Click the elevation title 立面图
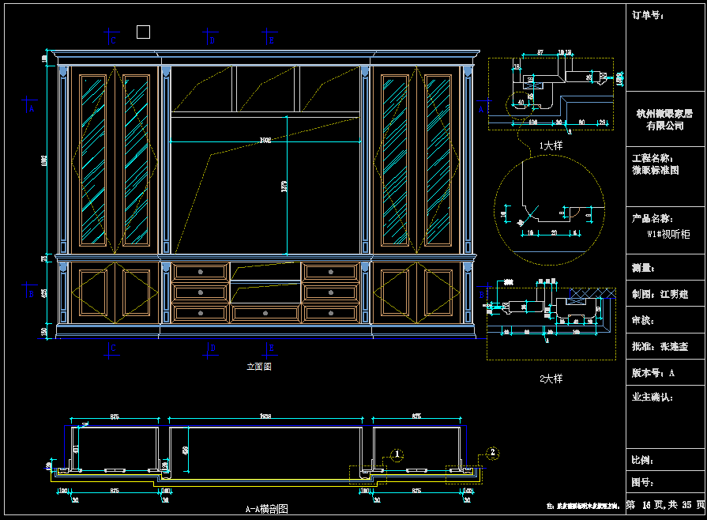[259, 367]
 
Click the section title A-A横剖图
[266, 510]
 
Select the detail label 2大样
[551, 379]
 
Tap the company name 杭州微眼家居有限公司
[664, 119]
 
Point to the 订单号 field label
[644, 15]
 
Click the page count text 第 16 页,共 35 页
[665, 504]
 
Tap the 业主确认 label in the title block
[652, 398]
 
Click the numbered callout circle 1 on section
[398, 454]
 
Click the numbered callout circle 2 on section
[493, 452]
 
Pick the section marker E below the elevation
[271, 347]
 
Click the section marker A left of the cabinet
[31, 110]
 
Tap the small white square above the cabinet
[143, 32]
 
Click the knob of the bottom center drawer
[265, 314]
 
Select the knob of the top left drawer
[200, 272]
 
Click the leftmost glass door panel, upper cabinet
[93, 159]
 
